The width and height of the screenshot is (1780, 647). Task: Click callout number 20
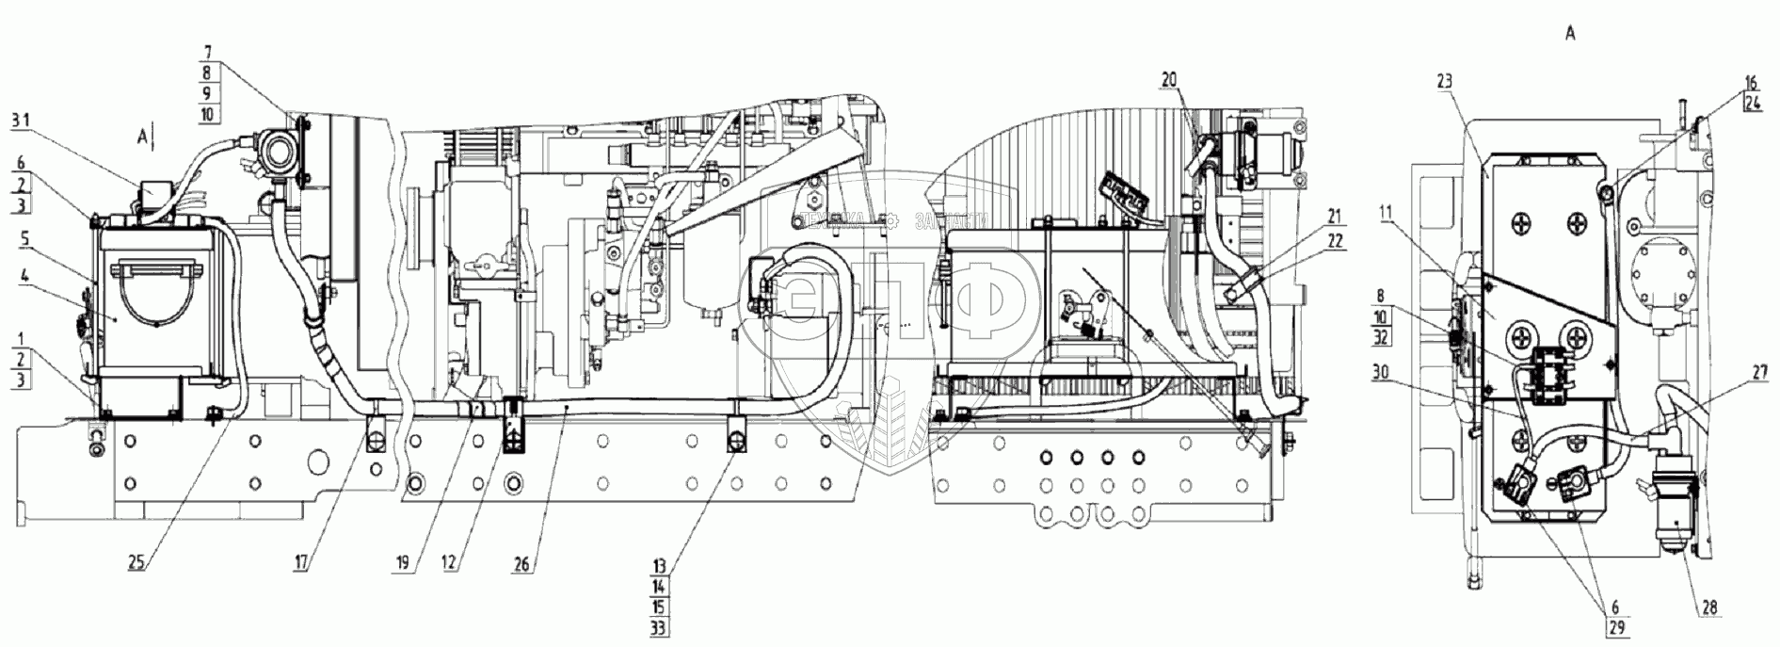coord(1169,82)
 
